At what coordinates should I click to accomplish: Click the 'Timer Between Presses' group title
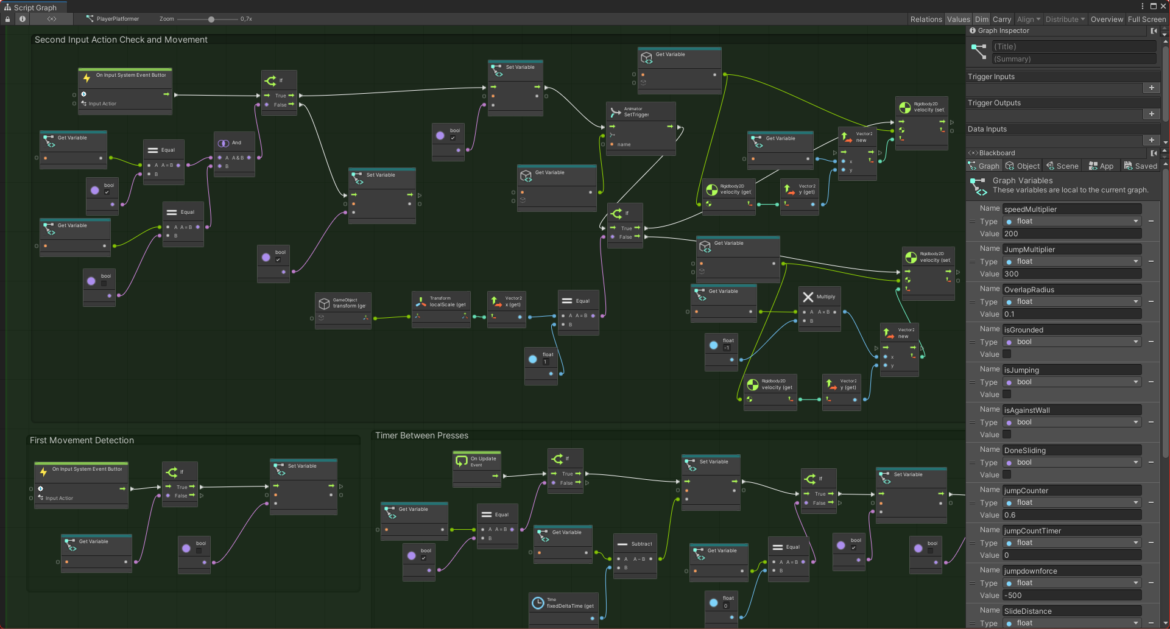point(421,435)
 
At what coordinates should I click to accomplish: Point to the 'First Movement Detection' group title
point(82,440)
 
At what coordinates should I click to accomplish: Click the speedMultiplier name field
point(1071,209)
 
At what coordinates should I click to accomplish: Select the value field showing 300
point(1071,274)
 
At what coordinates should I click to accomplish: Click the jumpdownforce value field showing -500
point(1071,596)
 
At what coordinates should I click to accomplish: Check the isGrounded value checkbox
point(1007,354)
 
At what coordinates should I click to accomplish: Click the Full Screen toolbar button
point(1146,19)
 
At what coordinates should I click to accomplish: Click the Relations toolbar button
point(926,19)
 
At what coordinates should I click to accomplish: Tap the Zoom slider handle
point(211,19)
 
